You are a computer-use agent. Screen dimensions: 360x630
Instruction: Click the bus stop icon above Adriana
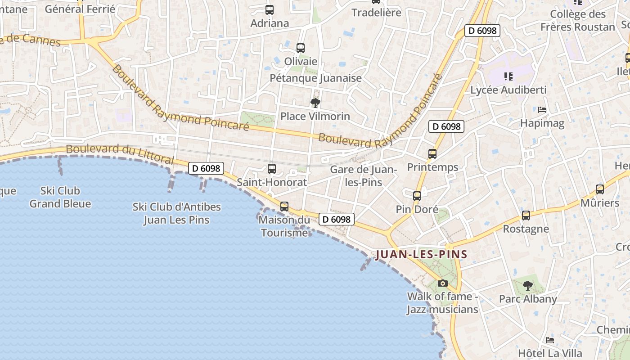[270, 9]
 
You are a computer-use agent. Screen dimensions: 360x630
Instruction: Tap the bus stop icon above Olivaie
[301, 48]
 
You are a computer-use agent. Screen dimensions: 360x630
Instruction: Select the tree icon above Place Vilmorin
[315, 103]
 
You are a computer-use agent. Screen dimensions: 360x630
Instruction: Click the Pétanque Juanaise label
[315, 78]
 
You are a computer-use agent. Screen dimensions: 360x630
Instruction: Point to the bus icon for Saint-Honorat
[272, 169]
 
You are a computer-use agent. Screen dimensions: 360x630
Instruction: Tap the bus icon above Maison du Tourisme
[284, 207]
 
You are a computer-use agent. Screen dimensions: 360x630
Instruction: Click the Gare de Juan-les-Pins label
[363, 176]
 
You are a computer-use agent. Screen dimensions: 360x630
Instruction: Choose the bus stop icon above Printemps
[432, 154]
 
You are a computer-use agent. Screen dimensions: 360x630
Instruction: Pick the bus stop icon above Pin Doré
[417, 196]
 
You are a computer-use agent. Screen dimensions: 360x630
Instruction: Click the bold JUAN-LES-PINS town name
[422, 254]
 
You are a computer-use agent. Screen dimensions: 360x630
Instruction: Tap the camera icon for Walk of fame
[443, 283]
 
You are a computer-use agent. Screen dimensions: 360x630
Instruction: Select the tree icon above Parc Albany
[528, 285]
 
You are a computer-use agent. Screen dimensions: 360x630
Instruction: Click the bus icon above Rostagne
[526, 216]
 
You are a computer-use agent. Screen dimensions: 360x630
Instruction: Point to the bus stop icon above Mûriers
[600, 189]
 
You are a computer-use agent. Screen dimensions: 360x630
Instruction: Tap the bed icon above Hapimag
[542, 110]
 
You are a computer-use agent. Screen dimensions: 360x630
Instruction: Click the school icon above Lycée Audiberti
[508, 76]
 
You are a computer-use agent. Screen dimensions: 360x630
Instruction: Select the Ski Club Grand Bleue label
[60, 197]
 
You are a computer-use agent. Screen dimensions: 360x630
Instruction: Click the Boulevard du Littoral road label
[120, 154]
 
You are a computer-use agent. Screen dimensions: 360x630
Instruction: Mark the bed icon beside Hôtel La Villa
[550, 340]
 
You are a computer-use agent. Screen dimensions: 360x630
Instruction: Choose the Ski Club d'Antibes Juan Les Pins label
[177, 213]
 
